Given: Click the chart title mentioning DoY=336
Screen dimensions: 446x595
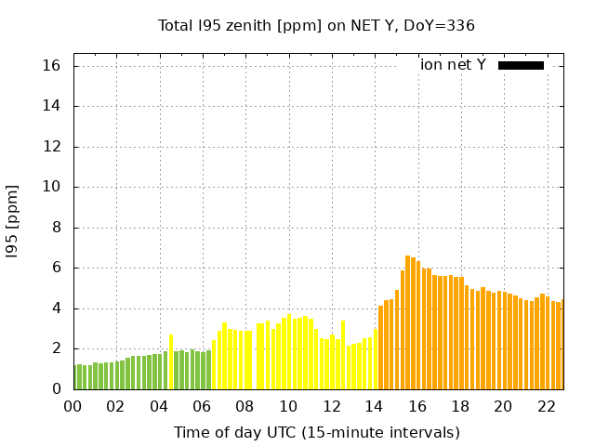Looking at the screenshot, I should [316, 25].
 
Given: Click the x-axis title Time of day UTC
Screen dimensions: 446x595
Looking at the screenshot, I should [316, 432].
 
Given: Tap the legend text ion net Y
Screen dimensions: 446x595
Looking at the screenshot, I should [453, 65].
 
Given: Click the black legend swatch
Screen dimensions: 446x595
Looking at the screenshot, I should [521, 65].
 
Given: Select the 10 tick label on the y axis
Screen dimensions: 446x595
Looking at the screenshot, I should [51, 187].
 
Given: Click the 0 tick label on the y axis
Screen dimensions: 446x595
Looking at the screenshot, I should [56, 389].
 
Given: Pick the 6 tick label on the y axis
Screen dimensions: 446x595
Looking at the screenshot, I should [56, 268].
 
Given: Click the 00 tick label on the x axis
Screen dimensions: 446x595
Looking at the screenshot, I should [73, 406].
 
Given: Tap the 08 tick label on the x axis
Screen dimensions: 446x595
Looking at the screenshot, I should [245, 406].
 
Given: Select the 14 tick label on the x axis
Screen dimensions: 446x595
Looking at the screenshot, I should [375, 406].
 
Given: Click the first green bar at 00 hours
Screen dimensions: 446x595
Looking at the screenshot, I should [75, 377].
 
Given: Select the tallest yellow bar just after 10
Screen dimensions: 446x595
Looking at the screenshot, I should [289, 352].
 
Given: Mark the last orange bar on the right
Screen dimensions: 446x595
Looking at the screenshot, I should [562, 345].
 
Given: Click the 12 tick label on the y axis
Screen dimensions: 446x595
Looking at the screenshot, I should [51, 147].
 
